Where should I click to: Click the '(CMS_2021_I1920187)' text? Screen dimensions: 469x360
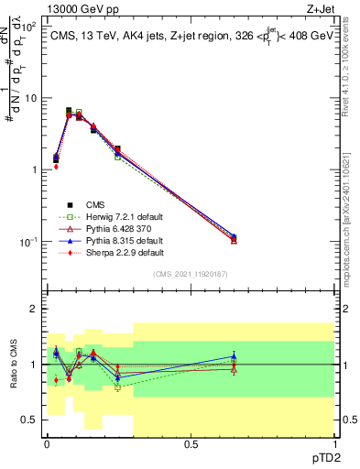click(191, 274)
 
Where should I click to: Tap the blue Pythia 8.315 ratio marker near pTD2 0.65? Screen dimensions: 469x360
click(234, 356)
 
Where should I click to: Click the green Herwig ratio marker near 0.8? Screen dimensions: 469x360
click(117, 387)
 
